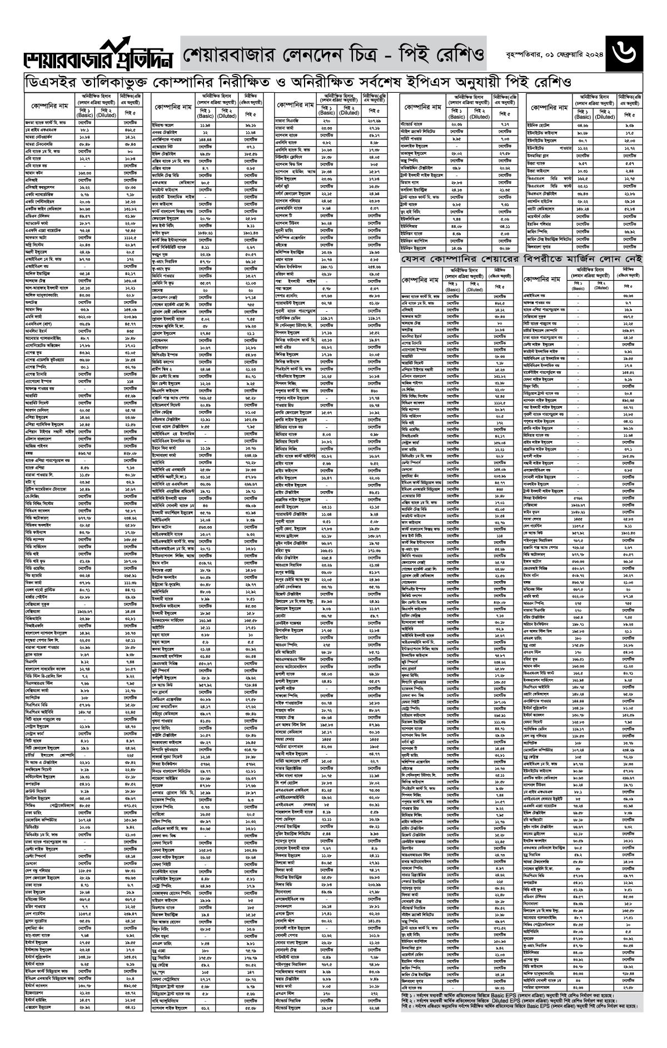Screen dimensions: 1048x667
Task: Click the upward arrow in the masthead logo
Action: (x=119, y=46)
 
